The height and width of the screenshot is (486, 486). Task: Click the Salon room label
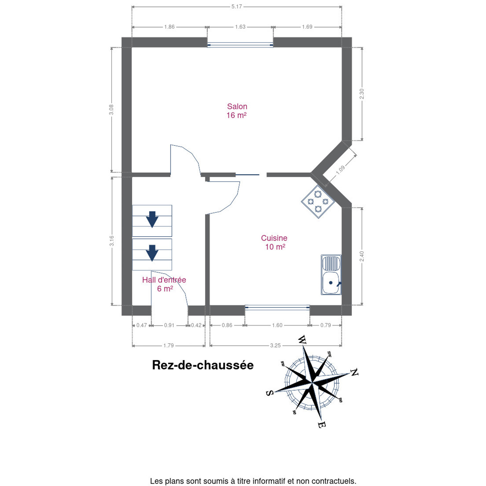(x=237, y=111)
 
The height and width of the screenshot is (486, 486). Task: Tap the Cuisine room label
(x=274, y=242)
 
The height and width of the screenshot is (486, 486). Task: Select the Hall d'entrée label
(x=164, y=284)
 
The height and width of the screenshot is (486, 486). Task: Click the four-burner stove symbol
(x=318, y=201)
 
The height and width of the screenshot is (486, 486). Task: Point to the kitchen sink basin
(x=331, y=283)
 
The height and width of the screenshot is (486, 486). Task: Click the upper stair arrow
(x=152, y=219)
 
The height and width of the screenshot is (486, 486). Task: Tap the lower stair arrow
(x=152, y=253)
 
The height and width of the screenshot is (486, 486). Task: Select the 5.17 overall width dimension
(x=237, y=6)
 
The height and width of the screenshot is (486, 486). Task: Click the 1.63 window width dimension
(x=240, y=27)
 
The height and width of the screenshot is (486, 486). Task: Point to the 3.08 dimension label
(x=111, y=110)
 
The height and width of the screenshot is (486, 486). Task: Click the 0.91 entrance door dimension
(x=169, y=325)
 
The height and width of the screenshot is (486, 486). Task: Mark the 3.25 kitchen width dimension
(x=275, y=345)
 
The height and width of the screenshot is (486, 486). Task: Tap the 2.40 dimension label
(x=362, y=256)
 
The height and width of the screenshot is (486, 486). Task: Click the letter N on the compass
(x=354, y=372)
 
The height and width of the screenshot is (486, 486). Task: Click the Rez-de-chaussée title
(x=203, y=365)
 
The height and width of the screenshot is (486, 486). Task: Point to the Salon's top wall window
(x=240, y=45)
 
